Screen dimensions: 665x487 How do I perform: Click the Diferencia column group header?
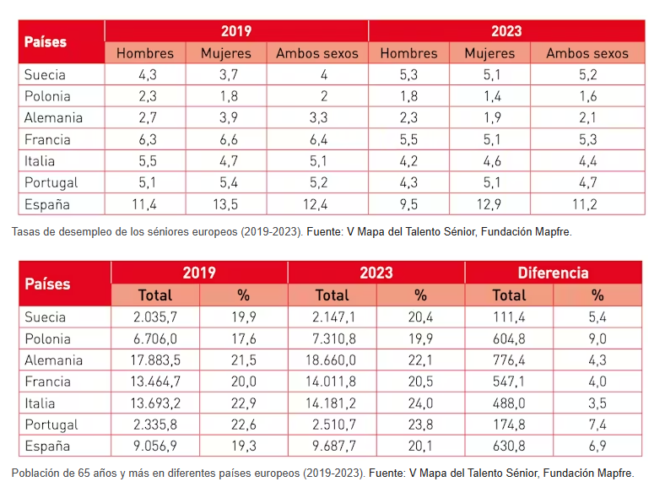553,273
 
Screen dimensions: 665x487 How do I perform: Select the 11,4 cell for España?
144,204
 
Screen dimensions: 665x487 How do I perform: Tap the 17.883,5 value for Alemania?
155,360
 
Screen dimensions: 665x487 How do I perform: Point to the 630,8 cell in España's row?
509,446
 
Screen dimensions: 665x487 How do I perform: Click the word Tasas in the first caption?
23,231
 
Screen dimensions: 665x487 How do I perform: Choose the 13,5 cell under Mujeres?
225,204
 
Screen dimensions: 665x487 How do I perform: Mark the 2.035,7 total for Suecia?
155,317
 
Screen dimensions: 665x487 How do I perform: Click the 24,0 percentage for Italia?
420,403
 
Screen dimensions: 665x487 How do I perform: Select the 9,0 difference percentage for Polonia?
597,338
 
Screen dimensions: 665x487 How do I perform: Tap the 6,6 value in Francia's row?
229,139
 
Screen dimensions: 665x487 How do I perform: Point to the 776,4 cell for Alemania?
509,360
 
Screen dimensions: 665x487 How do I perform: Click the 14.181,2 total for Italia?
331,403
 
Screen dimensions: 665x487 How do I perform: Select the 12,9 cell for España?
489,204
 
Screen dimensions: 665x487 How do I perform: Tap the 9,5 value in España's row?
408,204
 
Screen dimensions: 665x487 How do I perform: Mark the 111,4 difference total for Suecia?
509,317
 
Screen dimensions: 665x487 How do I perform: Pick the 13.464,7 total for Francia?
155,381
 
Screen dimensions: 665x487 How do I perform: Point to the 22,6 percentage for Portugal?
243,425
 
